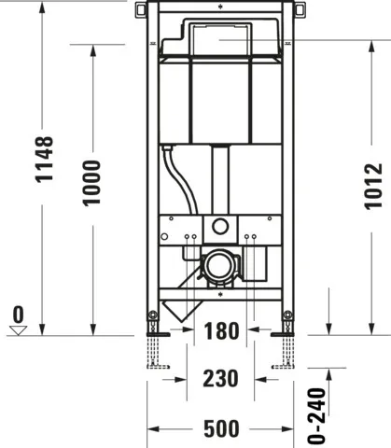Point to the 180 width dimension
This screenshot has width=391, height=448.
pyautogui.click(x=220, y=331)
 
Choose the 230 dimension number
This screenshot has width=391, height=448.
pyautogui.click(x=220, y=379)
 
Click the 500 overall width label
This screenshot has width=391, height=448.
pyautogui.click(x=220, y=428)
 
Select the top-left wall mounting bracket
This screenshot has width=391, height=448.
pyautogui.click(x=140, y=10)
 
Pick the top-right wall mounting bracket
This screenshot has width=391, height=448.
pyautogui.click(x=301, y=10)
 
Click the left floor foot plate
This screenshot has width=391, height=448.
pyautogui.click(x=155, y=330)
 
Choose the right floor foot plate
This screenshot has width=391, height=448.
pyautogui.click(x=285, y=330)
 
